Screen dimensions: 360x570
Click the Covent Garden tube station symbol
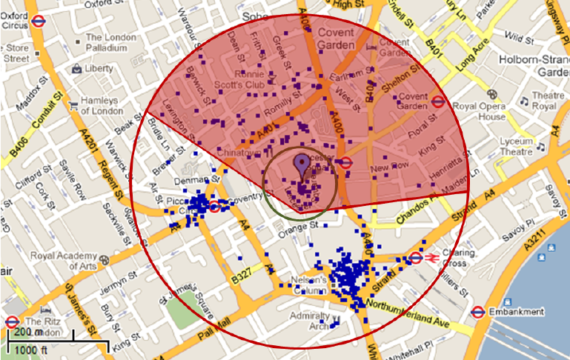pos(439,102)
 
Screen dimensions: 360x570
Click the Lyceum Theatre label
pos(515,147)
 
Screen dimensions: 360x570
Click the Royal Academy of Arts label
pos(63,262)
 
